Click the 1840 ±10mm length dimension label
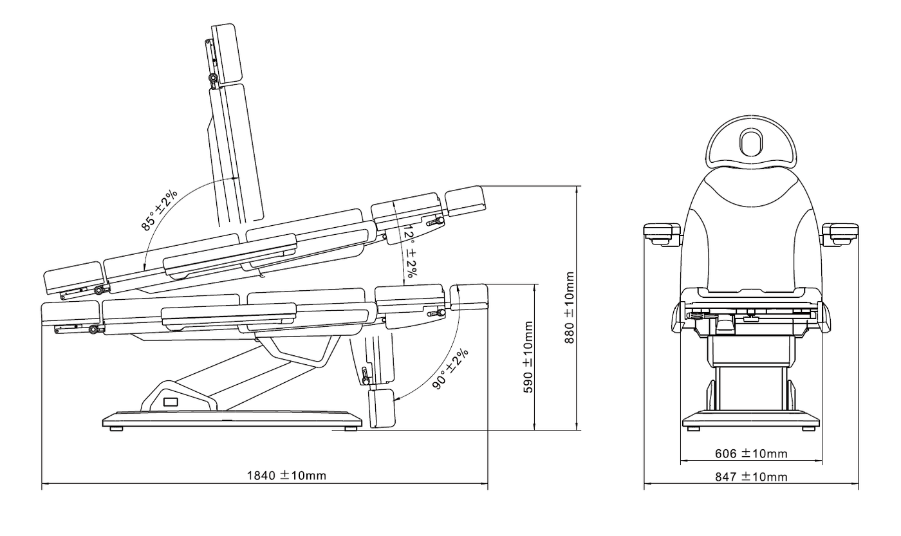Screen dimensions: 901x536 click(x=286, y=476)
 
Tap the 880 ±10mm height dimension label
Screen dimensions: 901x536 click(x=570, y=308)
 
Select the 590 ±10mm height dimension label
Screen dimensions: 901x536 click(x=528, y=357)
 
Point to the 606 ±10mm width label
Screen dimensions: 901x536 click(x=751, y=454)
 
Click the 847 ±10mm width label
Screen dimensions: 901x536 click(x=751, y=477)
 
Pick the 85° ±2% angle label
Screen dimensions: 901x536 click(x=160, y=210)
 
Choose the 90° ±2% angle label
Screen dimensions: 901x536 click(x=450, y=369)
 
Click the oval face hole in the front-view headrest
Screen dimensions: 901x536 click(x=750, y=143)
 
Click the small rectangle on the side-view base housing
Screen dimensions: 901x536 click(x=171, y=402)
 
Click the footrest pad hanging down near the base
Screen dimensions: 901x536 click(x=382, y=408)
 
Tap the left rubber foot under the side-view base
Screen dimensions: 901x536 click(x=116, y=429)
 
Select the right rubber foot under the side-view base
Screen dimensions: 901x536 click(x=350, y=429)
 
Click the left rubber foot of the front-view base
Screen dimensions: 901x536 click(x=694, y=429)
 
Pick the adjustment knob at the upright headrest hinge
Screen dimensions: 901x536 click(x=212, y=77)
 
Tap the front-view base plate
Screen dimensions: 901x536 click(x=751, y=419)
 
